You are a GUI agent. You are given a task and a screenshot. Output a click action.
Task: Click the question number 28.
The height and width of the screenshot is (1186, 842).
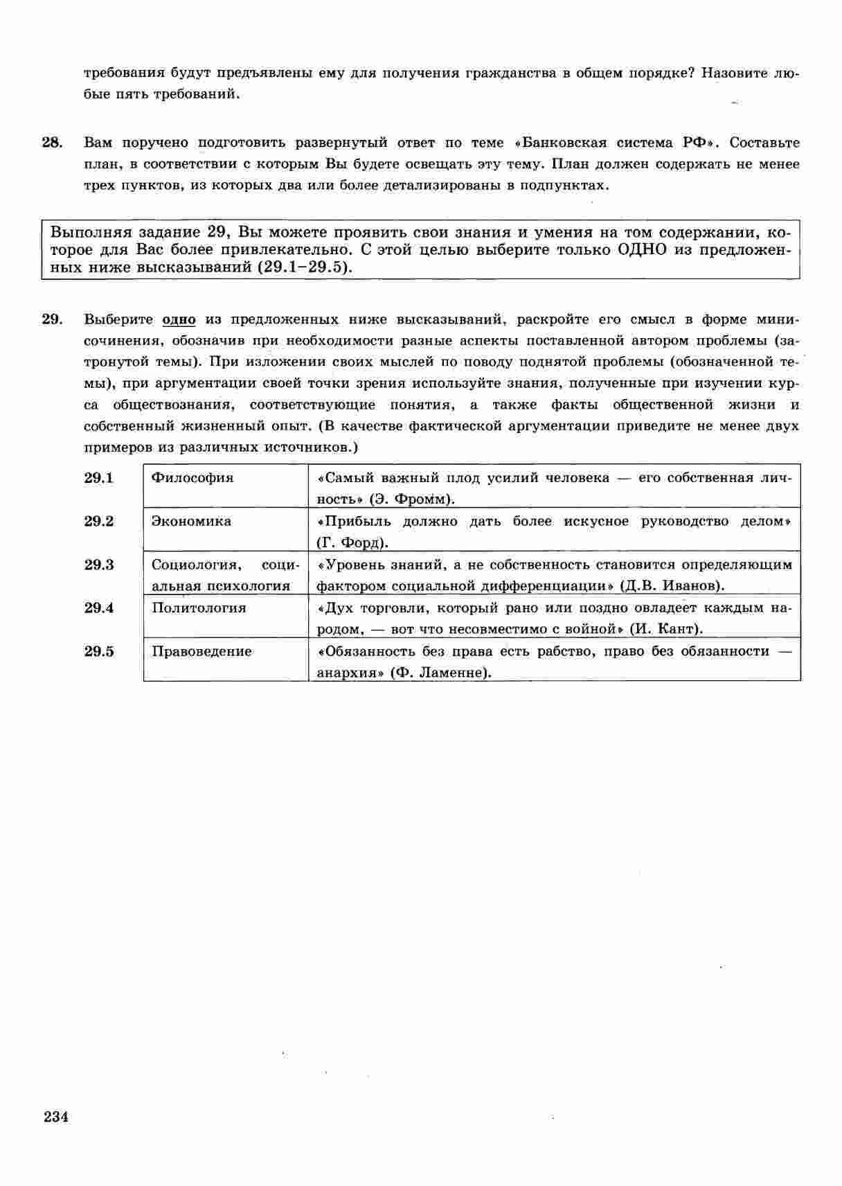(x=52, y=143)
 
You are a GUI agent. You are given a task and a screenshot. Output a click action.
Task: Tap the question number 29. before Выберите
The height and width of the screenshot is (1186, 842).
(x=52, y=319)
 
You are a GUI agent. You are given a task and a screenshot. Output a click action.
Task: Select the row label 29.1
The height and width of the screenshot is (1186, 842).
(x=99, y=478)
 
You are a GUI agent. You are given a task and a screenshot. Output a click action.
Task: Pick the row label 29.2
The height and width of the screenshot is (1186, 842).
(x=99, y=521)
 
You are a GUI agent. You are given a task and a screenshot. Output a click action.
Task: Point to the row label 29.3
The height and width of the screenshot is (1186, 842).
(x=99, y=565)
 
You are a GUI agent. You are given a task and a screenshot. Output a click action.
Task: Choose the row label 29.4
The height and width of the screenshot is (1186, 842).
(x=99, y=608)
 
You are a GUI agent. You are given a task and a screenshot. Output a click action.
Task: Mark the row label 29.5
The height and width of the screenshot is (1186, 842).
(x=99, y=651)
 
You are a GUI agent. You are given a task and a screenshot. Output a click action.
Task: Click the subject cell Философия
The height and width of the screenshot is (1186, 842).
(x=192, y=478)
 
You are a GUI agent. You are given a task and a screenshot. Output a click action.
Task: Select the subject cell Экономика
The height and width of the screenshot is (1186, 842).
(x=191, y=521)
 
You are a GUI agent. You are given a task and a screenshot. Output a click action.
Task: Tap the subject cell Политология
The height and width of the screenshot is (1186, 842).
(x=199, y=608)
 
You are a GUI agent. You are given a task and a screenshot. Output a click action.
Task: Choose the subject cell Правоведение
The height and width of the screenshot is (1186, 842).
(x=201, y=651)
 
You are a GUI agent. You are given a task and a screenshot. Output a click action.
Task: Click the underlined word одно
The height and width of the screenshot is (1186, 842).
(x=179, y=319)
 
